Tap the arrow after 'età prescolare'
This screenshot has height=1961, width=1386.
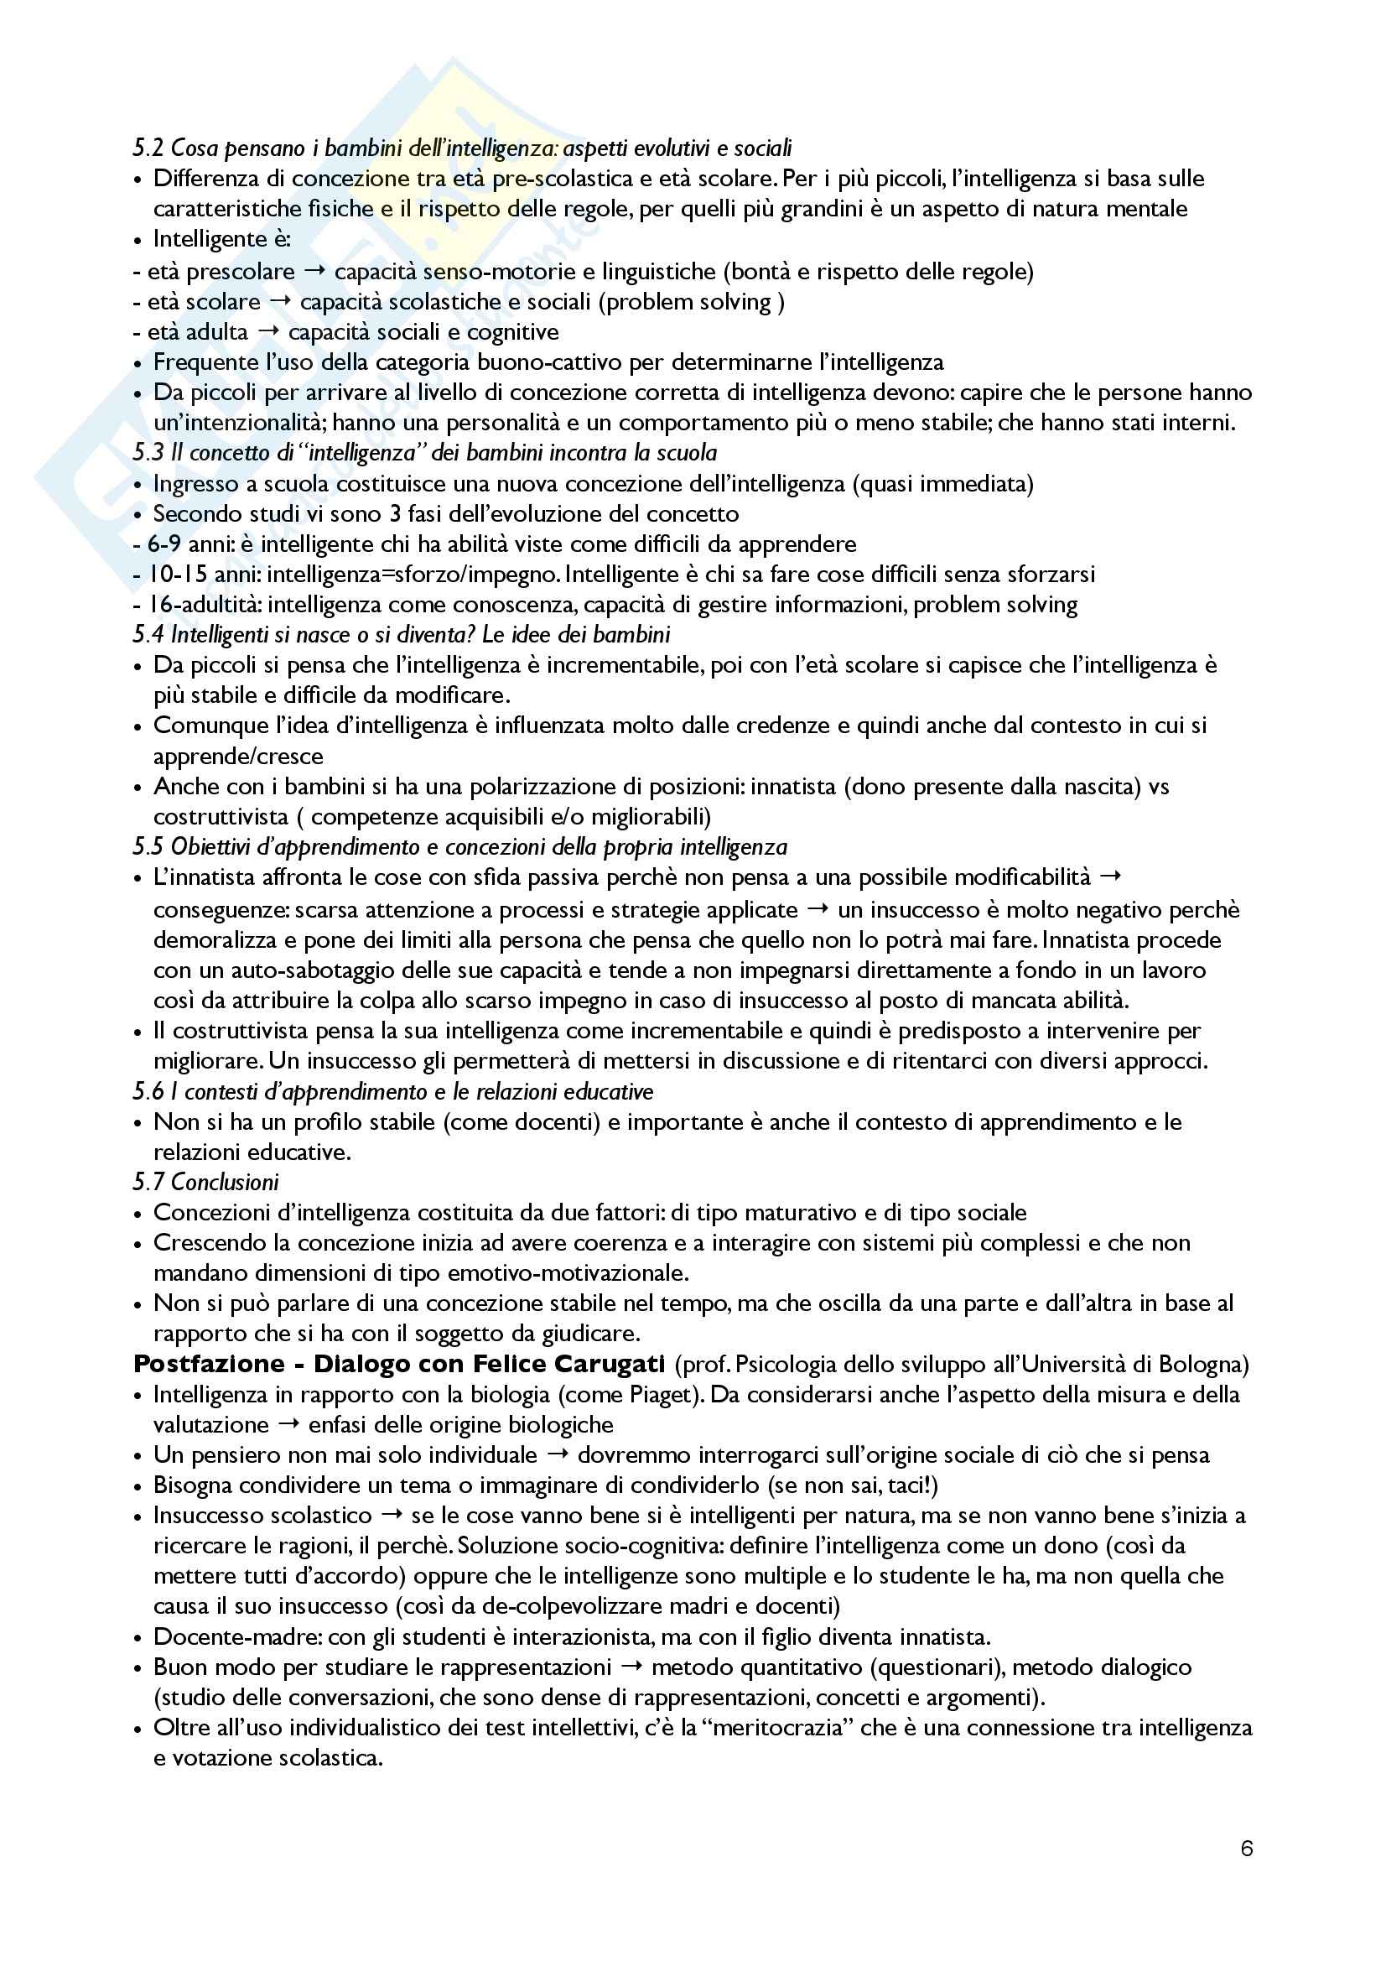[x=314, y=272]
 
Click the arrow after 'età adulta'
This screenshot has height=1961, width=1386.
[x=267, y=331]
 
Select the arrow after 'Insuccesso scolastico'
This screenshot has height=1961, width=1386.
[x=392, y=1515]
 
